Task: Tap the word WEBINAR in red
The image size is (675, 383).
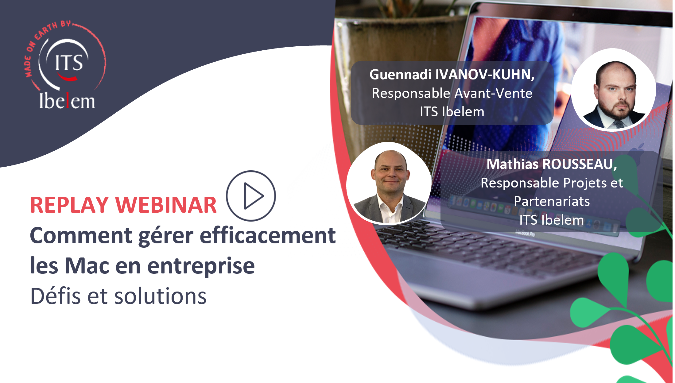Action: click(166, 205)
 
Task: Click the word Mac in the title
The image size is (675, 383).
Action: click(87, 265)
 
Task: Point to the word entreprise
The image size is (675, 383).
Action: click(201, 266)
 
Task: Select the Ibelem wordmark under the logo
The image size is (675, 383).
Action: click(67, 101)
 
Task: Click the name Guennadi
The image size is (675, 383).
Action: click(400, 75)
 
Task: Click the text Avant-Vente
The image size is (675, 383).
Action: click(494, 93)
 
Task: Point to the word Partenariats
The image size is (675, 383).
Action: click(552, 202)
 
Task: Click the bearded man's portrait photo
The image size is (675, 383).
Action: click(614, 90)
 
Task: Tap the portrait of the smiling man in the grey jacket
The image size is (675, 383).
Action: click(389, 183)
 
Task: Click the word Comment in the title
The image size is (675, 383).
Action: click(81, 236)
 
